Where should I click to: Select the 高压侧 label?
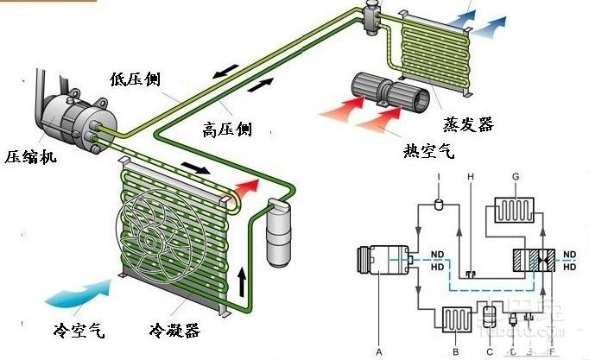click(226, 129)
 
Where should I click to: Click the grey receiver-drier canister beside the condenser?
click(281, 234)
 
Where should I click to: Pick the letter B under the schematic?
click(455, 351)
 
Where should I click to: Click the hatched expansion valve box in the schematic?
click(533, 262)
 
